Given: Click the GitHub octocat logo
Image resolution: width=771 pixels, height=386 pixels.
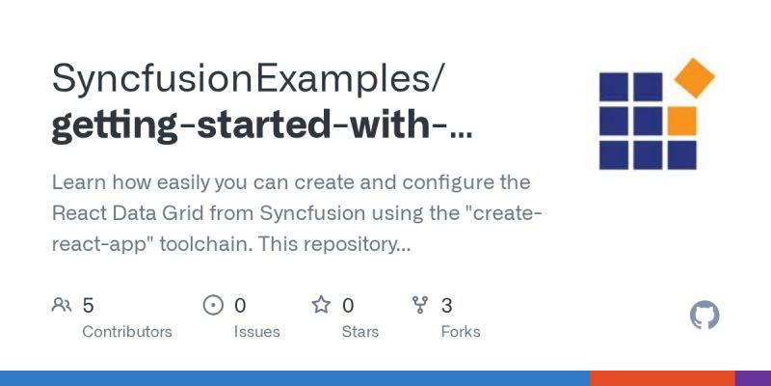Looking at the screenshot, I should (705, 316).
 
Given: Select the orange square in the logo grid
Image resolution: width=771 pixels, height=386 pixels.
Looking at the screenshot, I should (681, 121).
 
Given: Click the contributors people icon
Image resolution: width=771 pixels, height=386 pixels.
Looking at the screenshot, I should (62, 306).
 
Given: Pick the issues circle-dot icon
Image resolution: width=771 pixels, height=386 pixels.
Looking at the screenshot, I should (213, 306).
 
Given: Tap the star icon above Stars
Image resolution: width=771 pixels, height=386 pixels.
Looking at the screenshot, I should (321, 306).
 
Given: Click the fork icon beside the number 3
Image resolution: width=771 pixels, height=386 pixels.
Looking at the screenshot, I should (420, 306).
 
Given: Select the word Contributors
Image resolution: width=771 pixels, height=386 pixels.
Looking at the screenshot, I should (127, 332).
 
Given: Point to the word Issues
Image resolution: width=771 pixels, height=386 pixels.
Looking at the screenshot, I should (256, 332).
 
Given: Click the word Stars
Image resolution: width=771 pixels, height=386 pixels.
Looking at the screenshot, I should (360, 332).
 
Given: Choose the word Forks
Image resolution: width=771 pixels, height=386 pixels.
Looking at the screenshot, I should (461, 332).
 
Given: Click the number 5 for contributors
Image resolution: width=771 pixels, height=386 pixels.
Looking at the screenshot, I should (89, 306).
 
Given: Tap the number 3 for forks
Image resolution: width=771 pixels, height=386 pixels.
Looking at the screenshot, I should (447, 306).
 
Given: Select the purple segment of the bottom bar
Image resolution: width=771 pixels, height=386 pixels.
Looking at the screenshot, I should (753, 378).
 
